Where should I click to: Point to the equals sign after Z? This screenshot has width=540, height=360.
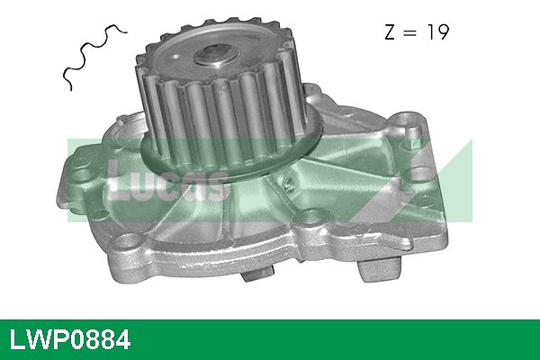[x=410, y=34]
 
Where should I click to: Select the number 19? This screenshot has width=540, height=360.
[x=436, y=33]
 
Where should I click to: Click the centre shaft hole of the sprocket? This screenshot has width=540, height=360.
[x=214, y=56]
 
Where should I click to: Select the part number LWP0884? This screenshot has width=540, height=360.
[x=69, y=340]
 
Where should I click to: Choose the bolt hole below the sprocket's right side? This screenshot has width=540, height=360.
[x=312, y=216]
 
